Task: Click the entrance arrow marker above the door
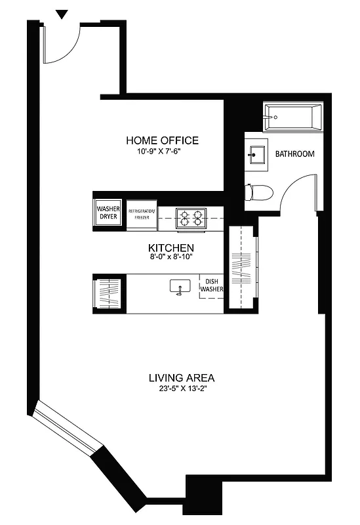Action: (x=62, y=14)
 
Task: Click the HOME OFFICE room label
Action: (x=162, y=140)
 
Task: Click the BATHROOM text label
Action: (x=294, y=154)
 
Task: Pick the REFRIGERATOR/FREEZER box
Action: (x=142, y=214)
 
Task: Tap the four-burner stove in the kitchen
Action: (x=190, y=217)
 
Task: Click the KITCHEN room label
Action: (x=170, y=247)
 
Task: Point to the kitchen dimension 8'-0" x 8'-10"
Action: (x=170, y=258)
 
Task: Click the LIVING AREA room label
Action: (x=182, y=378)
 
